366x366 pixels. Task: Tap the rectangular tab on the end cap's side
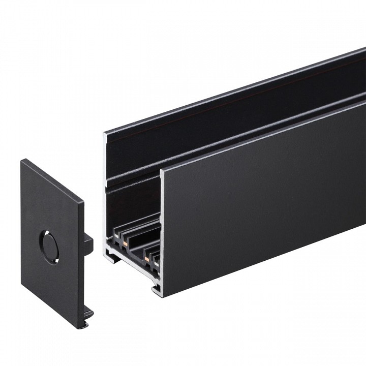[x=89, y=244]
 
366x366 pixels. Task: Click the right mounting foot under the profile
[x=157, y=290]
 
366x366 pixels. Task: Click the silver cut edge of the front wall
[x=162, y=229]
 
